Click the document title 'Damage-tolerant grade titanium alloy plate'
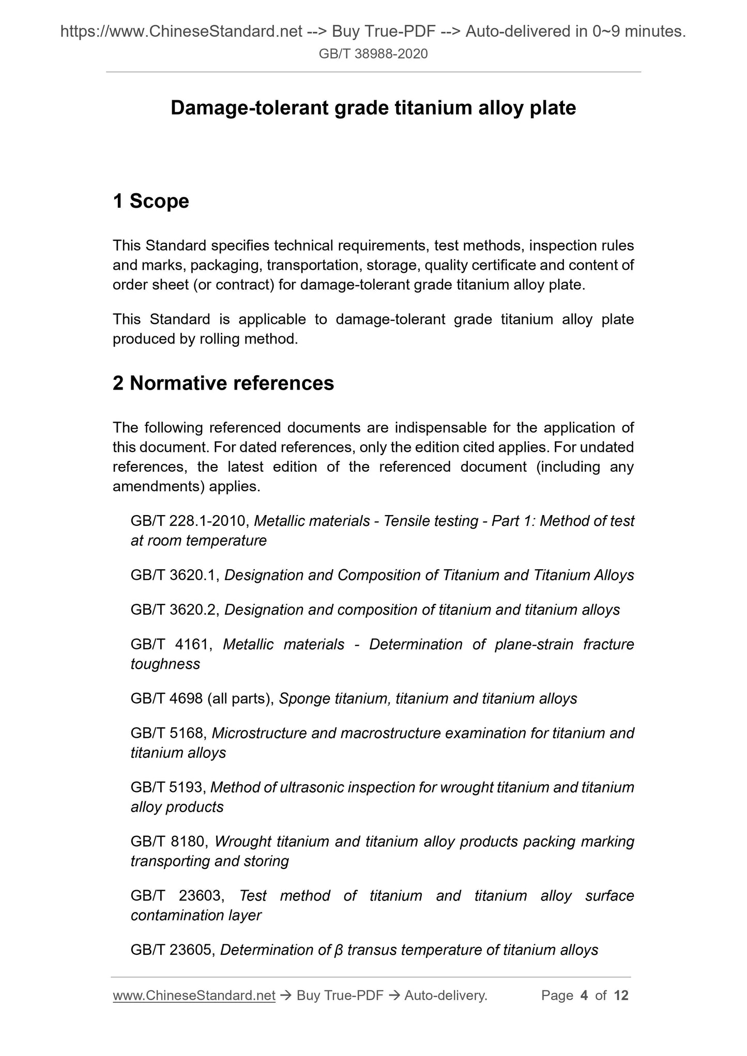[373, 108]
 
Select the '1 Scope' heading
[151, 201]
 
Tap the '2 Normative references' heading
[223, 383]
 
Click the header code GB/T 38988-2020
[373, 54]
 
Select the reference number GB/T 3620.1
[175, 575]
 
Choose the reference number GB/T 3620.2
[175, 610]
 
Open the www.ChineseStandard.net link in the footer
[194, 996]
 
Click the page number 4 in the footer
[584, 996]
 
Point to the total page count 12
[621, 996]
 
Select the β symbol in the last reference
[339, 950]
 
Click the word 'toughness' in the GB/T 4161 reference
[165, 664]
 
